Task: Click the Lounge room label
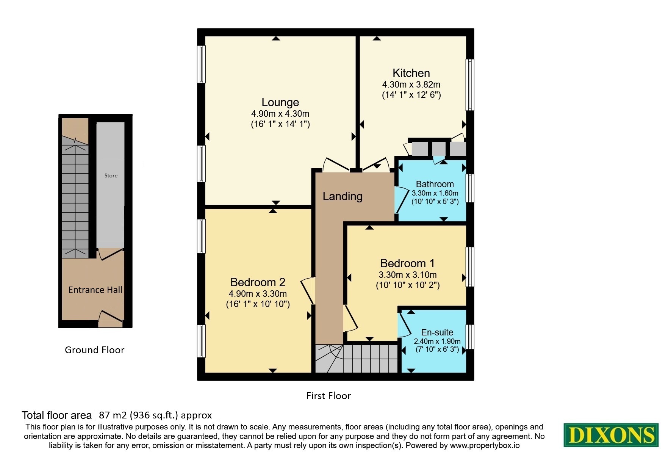[280, 102]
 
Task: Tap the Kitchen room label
[411, 73]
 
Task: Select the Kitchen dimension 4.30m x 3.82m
[411, 85]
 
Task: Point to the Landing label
[343, 196]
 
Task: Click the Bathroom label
[435, 184]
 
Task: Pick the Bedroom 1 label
[407, 263]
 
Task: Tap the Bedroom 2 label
[258, 282]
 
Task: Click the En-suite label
[437, 332]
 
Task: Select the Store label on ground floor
[111, 175]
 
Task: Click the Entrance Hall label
[95, 290]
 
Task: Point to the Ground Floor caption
[94, 350]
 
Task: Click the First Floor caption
[328, 396]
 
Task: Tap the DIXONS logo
[611, 435]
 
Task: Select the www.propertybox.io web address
[485, 445]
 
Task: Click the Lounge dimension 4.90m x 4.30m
[280, 114]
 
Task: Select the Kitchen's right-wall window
[470, 85]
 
